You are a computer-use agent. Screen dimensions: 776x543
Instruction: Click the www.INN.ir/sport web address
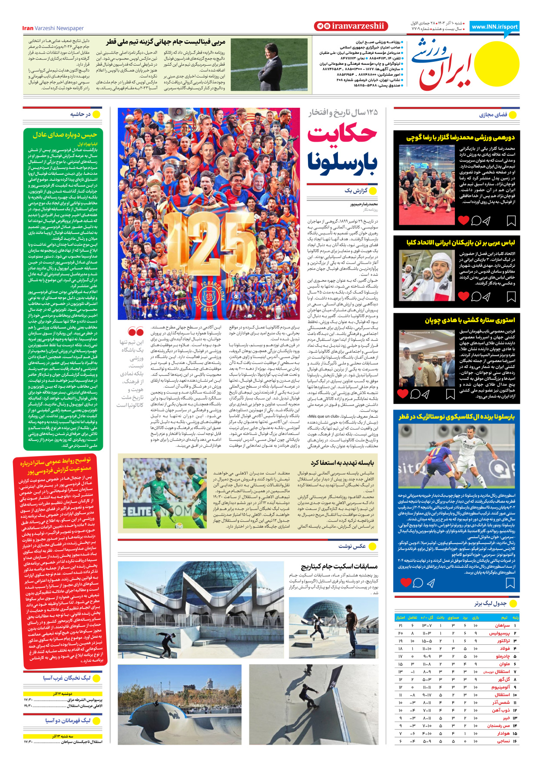(x=494, y=27)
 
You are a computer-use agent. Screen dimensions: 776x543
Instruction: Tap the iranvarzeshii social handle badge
(x=350, y=26)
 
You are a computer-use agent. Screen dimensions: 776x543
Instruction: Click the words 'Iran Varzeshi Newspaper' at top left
(x=53, y=28)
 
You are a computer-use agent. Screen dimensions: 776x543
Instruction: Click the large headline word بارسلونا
(x=342, y=163)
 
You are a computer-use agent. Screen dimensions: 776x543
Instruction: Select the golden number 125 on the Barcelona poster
(x=208, y=247)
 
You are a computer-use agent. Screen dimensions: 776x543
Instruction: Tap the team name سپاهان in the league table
(x=503, y=625)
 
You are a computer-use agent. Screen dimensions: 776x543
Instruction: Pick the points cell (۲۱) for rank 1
(x=401, y=625)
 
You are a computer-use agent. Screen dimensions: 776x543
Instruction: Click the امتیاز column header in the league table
(x=401, y=617)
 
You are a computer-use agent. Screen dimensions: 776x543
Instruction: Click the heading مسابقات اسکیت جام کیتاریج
(x=339, y=566)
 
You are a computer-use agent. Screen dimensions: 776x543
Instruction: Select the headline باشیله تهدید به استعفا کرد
(x=342, y=463)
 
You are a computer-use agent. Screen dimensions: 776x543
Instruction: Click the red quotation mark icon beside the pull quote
(x=136, y=332)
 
